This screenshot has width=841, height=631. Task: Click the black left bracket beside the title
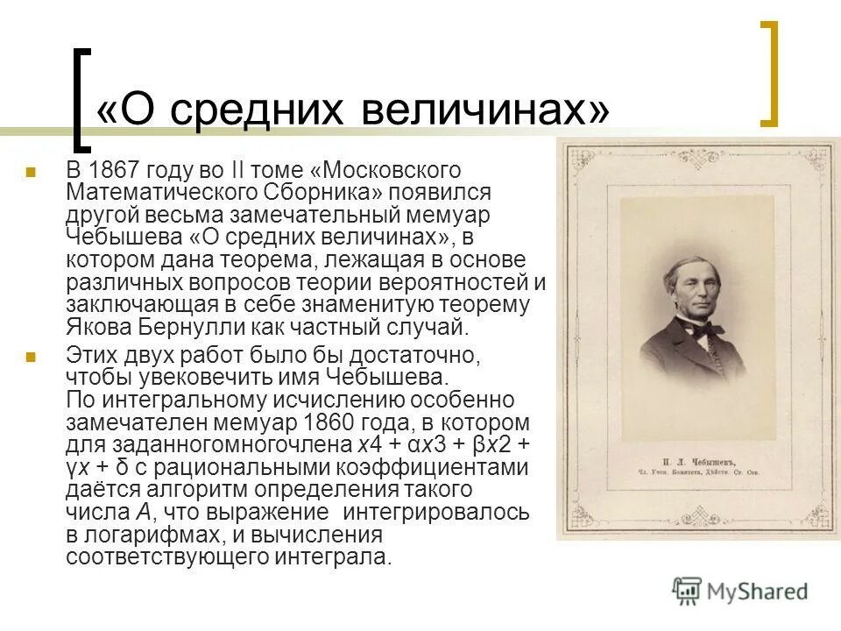(81, 98)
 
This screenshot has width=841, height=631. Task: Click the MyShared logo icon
(687, 591)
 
